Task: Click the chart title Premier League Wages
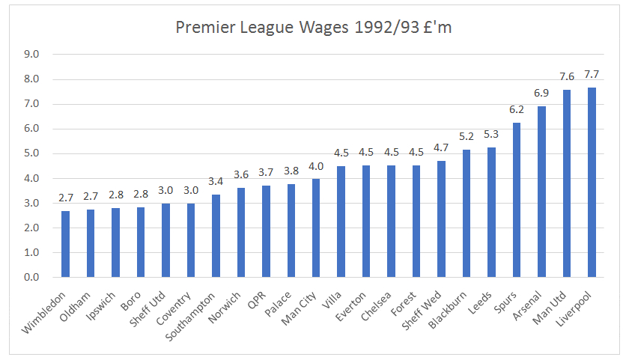click(x=312, y=28)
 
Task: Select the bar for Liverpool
click(x=592, y=183)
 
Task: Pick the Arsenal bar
click(x=541, y=192)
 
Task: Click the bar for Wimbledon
click(x=66, y=245)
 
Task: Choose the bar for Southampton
click(x=216, y=237)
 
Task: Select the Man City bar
click(x=316, y=228)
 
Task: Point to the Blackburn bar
click(x=467, y=214)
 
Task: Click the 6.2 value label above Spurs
click(x=517, y=109)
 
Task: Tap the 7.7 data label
click(x=592, y=74)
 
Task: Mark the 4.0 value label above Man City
click(x=316, y=166)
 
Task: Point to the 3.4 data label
click(x=216, y=180)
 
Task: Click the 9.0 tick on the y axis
click(x=31, y=55)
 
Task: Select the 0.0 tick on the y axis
click(x=31, y=278)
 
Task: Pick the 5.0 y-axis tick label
click(x=31, y=153)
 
